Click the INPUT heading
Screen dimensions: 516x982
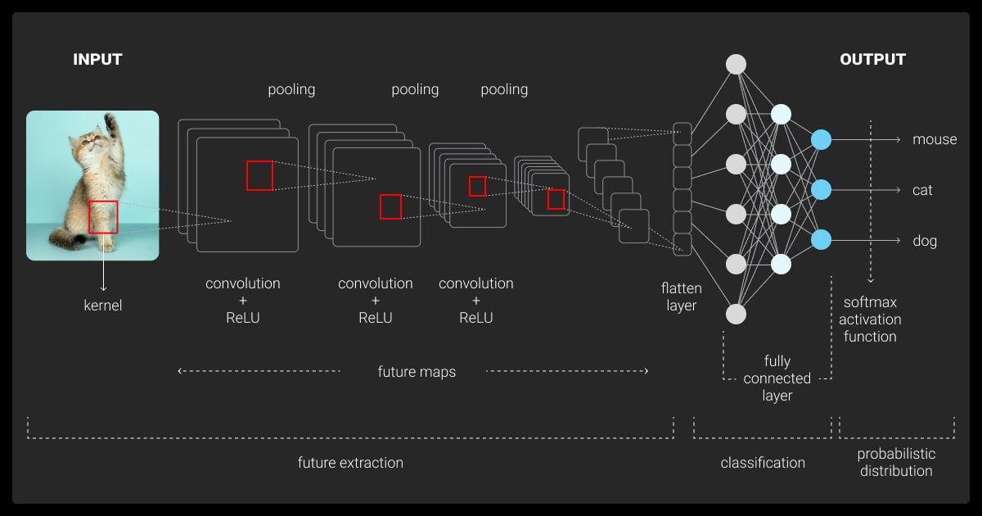click(97, 60)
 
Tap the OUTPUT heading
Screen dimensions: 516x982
click(872, 60)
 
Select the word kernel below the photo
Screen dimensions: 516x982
click(103, 306)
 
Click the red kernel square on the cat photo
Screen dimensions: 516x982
click(103, 217)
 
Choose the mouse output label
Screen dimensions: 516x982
click(935, 140)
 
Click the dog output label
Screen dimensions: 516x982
click(925, 242)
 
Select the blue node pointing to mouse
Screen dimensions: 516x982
click(821, 140)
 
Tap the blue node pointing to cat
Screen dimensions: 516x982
click(821, 190)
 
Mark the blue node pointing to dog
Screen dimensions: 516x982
click(821, 240)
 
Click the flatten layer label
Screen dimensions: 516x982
click(681, 297)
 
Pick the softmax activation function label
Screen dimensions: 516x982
click(870, 319)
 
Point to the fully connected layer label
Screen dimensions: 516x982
click(777, 378)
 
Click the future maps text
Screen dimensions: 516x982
click(417, 372)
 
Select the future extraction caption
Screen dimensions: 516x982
click(350, 463)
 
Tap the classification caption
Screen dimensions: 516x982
click(763, 463)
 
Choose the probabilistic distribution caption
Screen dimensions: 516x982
click(896, 463)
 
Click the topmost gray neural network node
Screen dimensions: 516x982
click(736, 64)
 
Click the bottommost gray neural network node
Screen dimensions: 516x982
click(736, 315)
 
